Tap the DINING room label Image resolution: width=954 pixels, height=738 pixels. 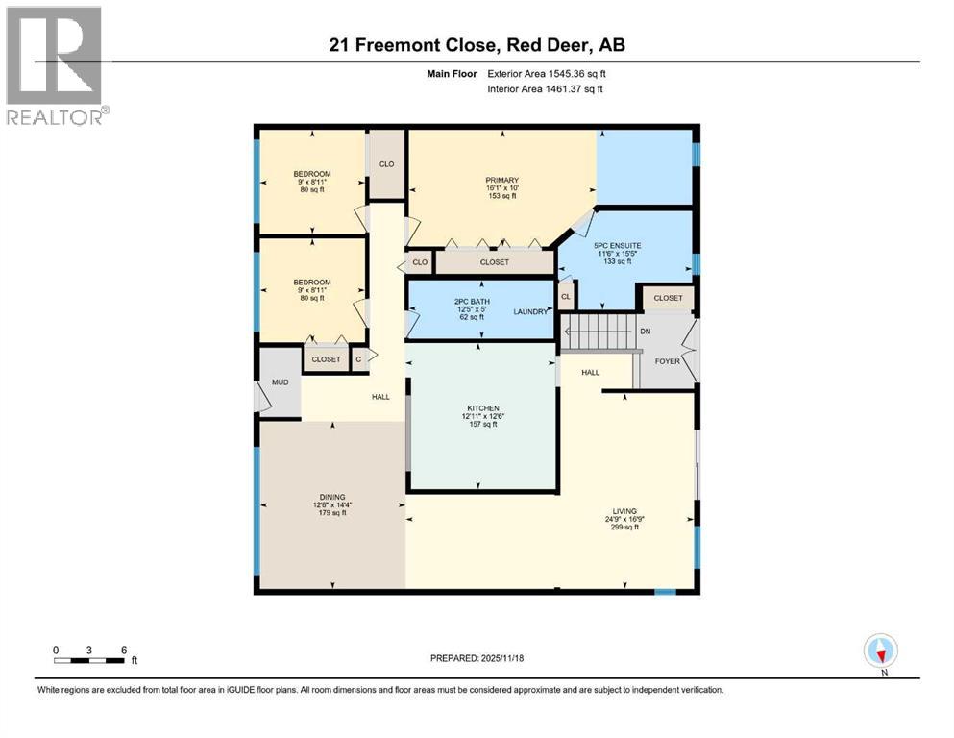[x=332, y=497]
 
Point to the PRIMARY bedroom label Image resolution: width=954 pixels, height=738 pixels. [x=501, y=180]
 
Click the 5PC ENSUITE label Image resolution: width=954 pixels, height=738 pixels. [x=619, y=245]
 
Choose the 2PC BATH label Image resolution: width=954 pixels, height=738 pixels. [x=473, y=301]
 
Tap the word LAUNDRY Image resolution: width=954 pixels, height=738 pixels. [x=530, y=311]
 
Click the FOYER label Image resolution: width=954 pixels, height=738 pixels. [x=668, y=362]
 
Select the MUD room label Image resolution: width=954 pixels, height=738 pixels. [x=280, y=381]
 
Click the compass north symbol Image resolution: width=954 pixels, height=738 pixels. [x=880, y=652]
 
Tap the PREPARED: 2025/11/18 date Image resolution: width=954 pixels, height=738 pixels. [x=477, y=658]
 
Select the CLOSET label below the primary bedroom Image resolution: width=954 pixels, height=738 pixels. [x=494, y=262]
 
